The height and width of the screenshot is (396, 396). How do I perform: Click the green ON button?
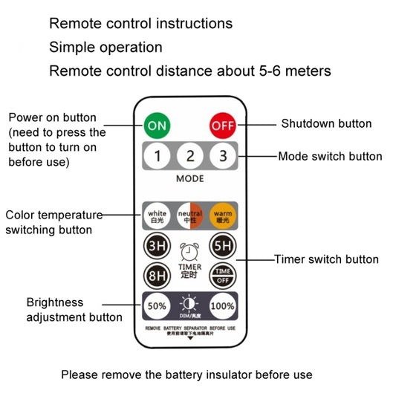coord(157,125)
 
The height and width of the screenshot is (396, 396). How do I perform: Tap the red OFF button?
coord(222,125)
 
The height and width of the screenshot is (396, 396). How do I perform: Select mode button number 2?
coord(189,156)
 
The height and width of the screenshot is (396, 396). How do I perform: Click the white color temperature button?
coord(158,215)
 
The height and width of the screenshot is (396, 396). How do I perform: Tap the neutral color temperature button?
coord(189,215)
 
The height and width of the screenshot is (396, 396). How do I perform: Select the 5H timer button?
coord(221,245)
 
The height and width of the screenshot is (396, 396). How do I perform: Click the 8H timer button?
coord(157,274)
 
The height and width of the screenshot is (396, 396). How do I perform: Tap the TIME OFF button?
coord(221,274)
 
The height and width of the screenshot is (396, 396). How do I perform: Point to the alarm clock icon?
coord(189,251)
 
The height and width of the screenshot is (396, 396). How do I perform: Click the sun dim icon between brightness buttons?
coord(189,302)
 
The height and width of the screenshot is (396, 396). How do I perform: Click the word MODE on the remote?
coord(189,179)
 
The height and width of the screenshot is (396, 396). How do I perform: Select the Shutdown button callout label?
coord(325,124)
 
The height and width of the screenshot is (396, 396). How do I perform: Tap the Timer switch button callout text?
coord(326,259)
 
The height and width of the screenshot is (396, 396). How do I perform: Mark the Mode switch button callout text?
coord(330,157)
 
